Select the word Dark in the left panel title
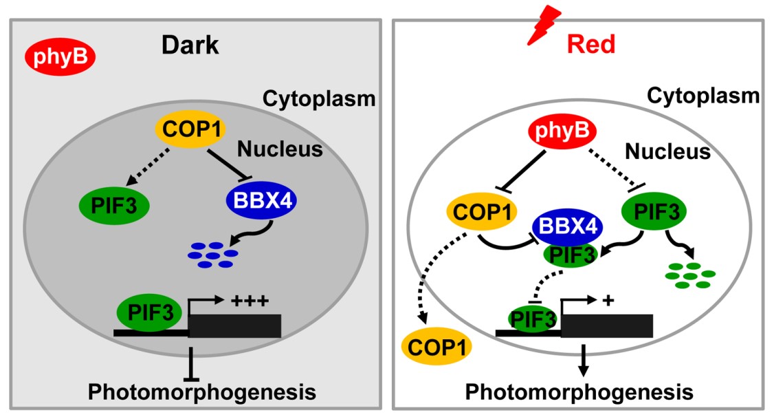pos(190,45)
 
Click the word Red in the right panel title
pos(590,45)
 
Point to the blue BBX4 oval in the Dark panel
pos(258,203)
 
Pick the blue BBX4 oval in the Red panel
pos(568,226)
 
